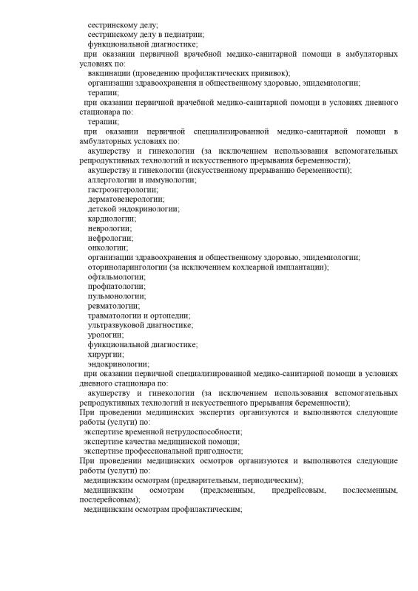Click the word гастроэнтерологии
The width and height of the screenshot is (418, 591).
click(121, 189)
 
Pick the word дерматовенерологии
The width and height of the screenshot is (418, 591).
click(125, 199)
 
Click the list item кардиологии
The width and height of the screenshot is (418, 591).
click(111, 219)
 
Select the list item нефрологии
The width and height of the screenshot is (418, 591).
click(109, 238)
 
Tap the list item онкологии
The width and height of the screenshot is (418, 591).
click(107, 247)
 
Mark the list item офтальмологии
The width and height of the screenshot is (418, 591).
click(115, 276)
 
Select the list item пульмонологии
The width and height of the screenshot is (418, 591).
click(117, 295)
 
